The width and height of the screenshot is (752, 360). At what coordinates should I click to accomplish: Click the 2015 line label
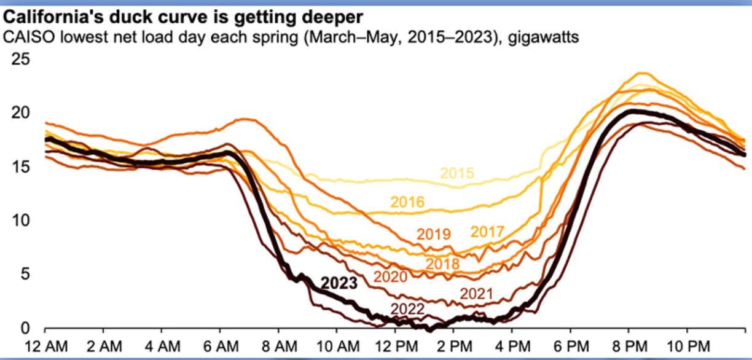456,173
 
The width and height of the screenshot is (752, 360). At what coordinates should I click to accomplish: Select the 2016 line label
407,202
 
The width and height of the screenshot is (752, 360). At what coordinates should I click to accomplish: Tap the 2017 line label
487,232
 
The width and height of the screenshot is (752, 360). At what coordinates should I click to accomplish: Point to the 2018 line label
442,264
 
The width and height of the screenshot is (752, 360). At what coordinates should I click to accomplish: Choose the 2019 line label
434,234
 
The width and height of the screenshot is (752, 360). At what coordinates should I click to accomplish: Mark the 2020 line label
390,277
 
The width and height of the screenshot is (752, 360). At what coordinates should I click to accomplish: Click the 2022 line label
407,308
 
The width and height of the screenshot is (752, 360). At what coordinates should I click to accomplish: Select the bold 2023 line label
339,283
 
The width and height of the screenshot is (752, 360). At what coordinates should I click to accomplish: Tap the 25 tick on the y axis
23,60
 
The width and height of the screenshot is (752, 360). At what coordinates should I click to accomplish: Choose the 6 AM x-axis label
221,344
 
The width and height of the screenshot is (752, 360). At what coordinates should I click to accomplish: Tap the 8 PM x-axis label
627,344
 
